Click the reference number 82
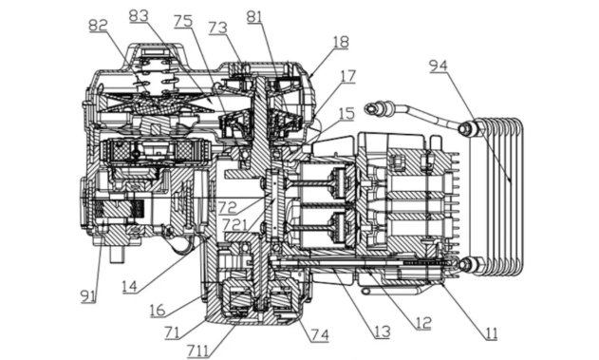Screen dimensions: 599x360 click(98, 26)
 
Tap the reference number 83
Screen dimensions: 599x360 click(139, 15)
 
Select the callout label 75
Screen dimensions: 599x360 click(183, 21)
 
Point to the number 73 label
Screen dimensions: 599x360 click(217, 28)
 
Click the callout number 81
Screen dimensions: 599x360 click(254, 16)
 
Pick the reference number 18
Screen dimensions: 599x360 click(341, 42)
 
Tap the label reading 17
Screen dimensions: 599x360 click(347, 76)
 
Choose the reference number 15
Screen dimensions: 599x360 click(346, 113)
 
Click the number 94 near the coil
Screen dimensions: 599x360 click(439, 66)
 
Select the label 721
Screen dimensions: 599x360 click(234, 224)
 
